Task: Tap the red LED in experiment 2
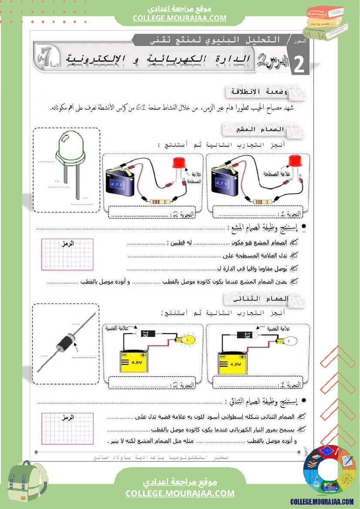point(178,162)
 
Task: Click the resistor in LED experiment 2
point(160,201)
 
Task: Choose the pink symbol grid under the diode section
point(67,429)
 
